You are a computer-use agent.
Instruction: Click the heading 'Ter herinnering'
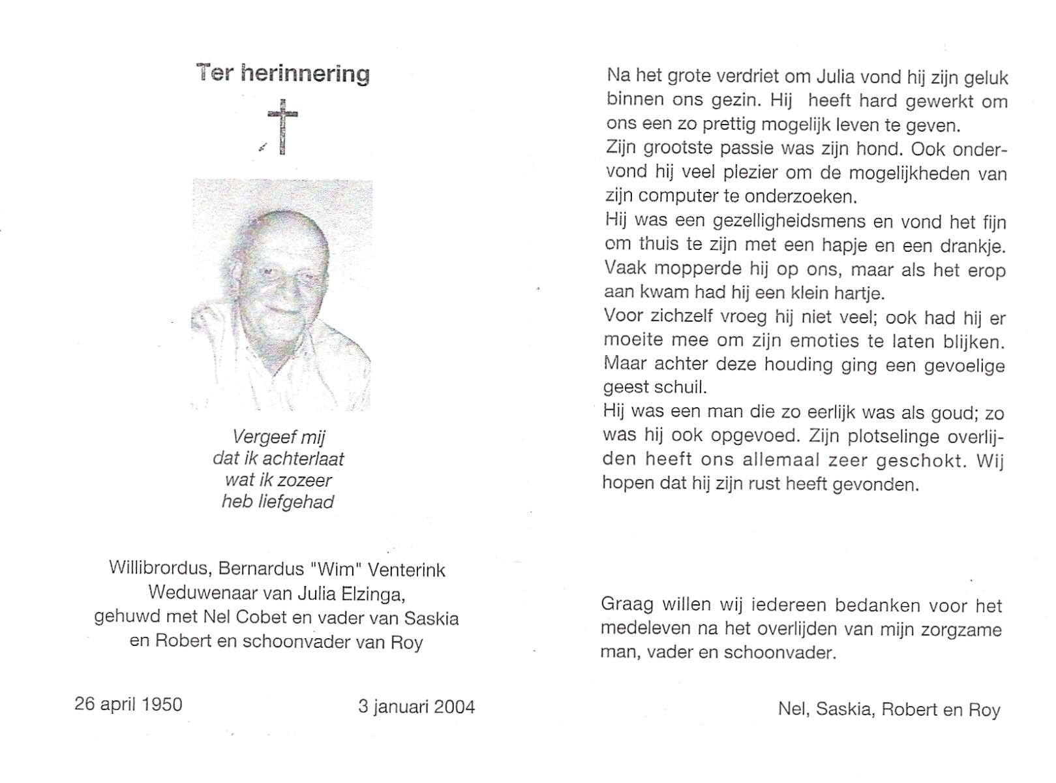point(283,73)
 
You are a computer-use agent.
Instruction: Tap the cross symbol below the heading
point(282,127)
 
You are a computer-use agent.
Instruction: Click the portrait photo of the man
point(282,295)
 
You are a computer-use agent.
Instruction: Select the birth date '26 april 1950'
point(128,705)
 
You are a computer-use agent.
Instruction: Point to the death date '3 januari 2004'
point(416,707)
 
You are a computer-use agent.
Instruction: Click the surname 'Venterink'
point(406,570)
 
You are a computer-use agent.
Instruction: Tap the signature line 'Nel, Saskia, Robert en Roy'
point(888,709)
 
